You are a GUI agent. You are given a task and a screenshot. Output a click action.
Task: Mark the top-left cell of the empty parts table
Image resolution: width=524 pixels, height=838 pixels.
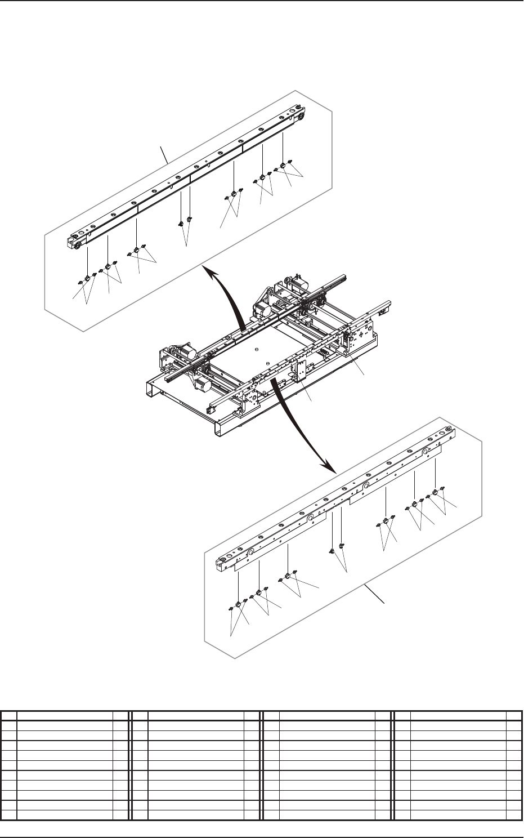pos(9,716)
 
